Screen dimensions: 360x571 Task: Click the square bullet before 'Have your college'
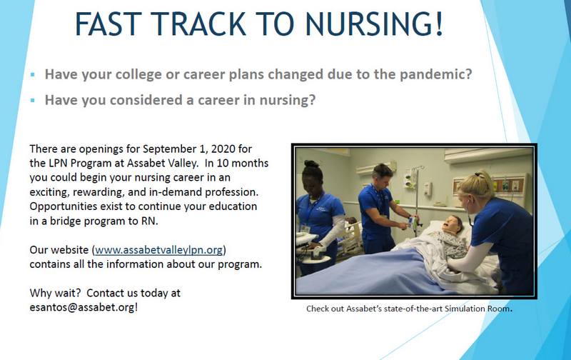32,75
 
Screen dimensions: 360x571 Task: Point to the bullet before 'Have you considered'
32,101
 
